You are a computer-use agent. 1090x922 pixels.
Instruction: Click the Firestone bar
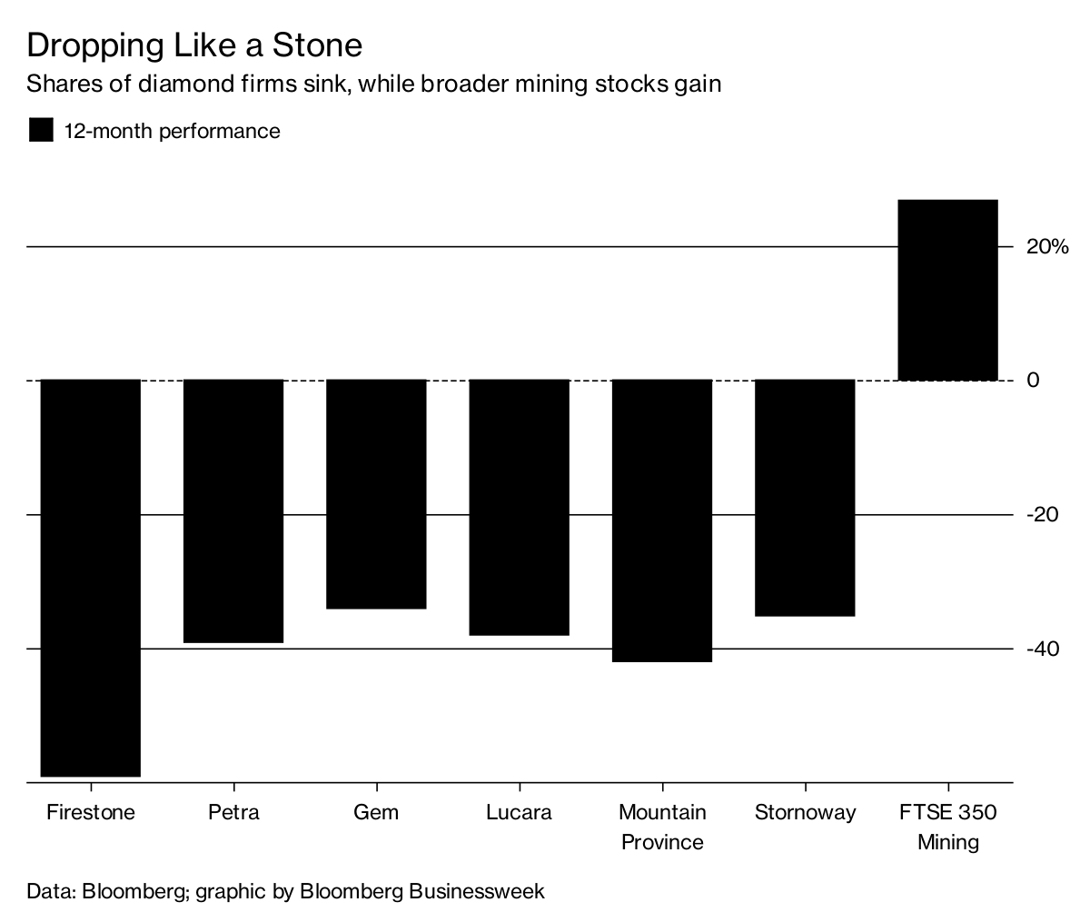pyautogui.click(x=91, y=578)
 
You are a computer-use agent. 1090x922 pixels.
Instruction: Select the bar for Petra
pyautogui.click(x=233, y=511)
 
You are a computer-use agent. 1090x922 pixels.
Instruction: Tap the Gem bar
pyautogui.click(x=376, y=493)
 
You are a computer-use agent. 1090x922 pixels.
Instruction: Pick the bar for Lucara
pyautogui.click(x=519, y=507)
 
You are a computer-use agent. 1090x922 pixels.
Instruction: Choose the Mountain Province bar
pyautogui.click(x=662, y=520)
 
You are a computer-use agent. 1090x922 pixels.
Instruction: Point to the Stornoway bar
pyautogui.click(x=805, y=498)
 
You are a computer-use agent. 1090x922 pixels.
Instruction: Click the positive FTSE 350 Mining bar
pyautogui.click(x=947, y=289)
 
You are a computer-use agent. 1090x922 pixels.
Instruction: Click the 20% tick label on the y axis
pyautogui.click(x=1047, y=247)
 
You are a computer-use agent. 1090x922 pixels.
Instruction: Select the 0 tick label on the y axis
pyautogui.click(x=1033, y=381)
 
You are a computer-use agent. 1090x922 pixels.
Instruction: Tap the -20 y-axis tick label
pyautogui.click(x=1042, y=515)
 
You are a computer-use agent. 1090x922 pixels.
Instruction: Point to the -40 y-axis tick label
pyautogui.click(x=1042, y=649)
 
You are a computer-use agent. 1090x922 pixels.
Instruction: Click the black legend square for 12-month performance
pyautogui.click(x=42, y=131)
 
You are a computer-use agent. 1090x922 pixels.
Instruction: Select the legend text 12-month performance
pyautogui.click(x=172, y=131)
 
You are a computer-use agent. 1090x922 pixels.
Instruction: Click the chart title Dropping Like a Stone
pyautogui.click(x=194, y=45)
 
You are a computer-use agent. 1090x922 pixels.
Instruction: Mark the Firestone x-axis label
pyautogui.click(x=91, y=811)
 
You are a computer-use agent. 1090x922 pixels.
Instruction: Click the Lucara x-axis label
pyautogui.click(x=519, y=811)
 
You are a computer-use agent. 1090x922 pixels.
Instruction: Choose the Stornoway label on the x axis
pyautogui.click(x=805, y=811)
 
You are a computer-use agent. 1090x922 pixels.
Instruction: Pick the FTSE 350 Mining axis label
pyautogui.click(x=947, y=827)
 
